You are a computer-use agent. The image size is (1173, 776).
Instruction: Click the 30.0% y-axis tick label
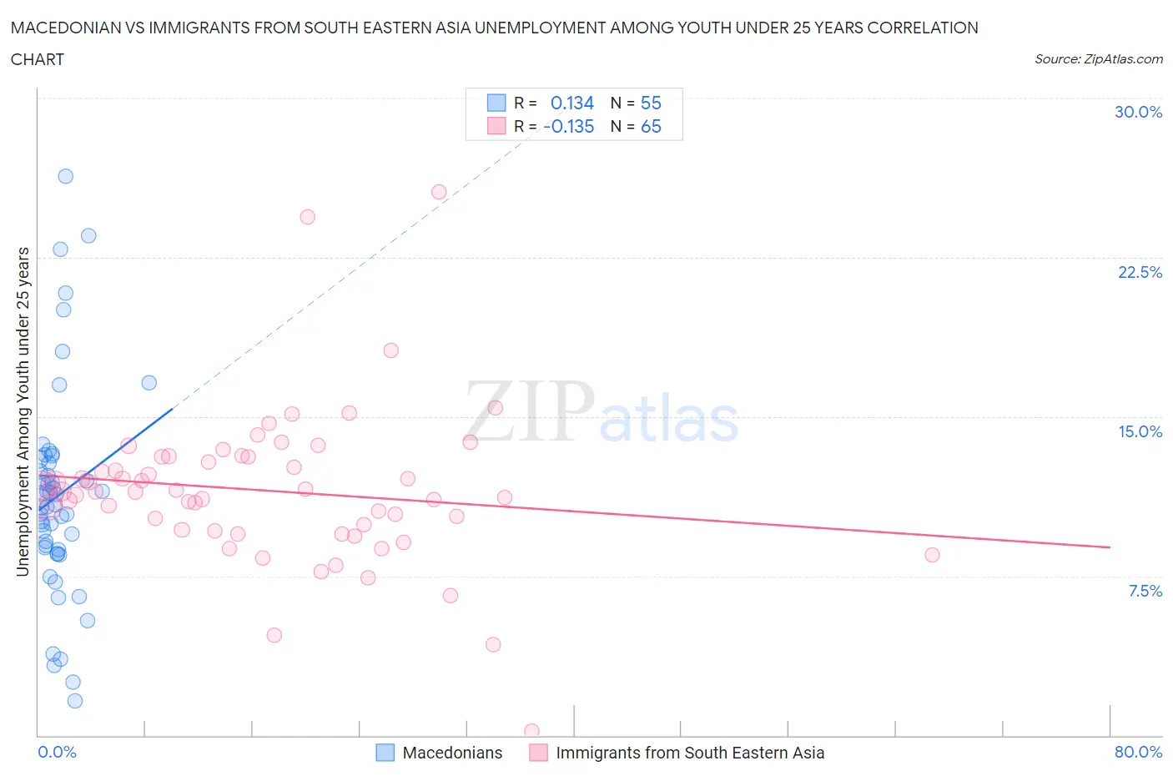(x=1138, y=112)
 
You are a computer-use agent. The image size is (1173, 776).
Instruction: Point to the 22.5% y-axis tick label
(x=1140, y=272)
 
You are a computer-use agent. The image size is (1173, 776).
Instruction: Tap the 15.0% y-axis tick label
(x=1140, y=431)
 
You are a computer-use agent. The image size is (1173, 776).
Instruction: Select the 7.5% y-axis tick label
(x=1145, y=591)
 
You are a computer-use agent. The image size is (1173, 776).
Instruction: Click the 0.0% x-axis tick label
(x=57, y=752)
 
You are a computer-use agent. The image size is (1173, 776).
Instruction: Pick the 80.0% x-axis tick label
(x=1138, y=752)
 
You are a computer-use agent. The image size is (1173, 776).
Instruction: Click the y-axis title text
(x=23, y=411)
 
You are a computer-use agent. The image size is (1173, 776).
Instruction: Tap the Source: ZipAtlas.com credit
(x=1098, y=58)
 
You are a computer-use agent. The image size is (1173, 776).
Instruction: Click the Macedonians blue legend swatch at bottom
(x=385, y=753)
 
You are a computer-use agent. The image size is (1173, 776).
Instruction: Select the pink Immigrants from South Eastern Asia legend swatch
(x=538, y=753)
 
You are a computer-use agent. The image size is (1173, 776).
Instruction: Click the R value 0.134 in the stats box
(x=571, y=103)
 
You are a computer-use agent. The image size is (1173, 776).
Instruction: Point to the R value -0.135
(x=568, y=126)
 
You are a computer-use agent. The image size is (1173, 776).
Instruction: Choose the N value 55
(x=651, y=103)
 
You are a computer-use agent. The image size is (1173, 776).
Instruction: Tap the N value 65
(x=651, y=126)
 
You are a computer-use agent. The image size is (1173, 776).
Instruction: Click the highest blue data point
(x=65, y=176)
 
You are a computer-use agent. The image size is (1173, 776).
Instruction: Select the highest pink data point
(x=439, y=192)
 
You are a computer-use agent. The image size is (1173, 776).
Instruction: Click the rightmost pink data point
(x=932, y=555)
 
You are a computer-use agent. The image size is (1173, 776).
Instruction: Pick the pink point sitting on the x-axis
(x=531, y=731)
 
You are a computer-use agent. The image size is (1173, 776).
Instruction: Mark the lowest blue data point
(x=75, y=701)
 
